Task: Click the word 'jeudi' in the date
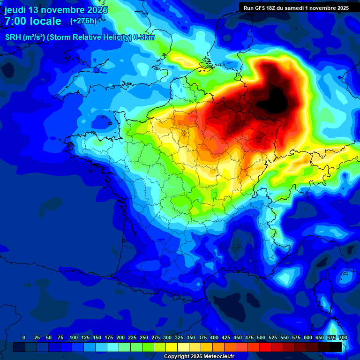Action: (15, 10)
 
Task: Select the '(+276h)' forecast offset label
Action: (83, 21)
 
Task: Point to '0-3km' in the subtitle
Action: (144, 37)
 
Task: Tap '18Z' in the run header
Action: (275, 8)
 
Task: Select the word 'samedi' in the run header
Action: (300, 8)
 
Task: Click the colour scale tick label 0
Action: (24, 337)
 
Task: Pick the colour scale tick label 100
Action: (74, 337)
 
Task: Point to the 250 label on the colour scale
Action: (144, 337)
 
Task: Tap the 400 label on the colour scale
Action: (214, 337)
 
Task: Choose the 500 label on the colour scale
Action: (261, 337)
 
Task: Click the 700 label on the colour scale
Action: (343, 337)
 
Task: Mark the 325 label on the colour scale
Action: (179, 337)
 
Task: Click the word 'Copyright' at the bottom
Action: (177, 357)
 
